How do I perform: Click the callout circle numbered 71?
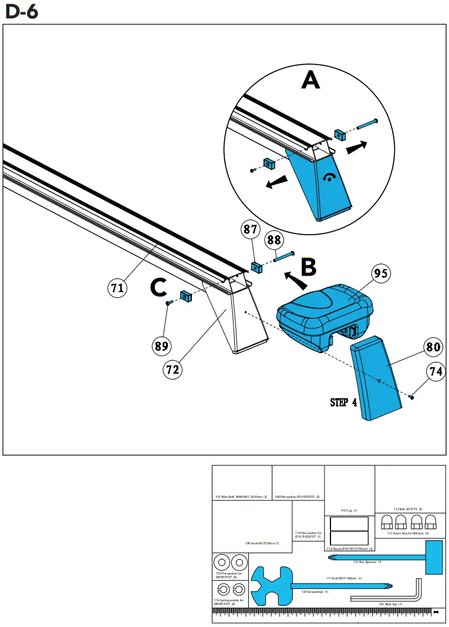click(117, 287)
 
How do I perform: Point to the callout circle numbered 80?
click(433, 347)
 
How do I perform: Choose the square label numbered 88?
click(274, 239)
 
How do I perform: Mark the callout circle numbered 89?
click(162, 346)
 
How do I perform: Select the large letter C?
click(159, 287)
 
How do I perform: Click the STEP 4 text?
click(343, 402)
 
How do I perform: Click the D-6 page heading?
click(22, 11)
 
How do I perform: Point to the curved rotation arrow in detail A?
click(333, 178)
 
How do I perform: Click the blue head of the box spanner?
click(433, 558)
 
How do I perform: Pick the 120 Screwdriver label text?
click(315, 592)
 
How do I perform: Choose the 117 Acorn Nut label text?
click(408, 533)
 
